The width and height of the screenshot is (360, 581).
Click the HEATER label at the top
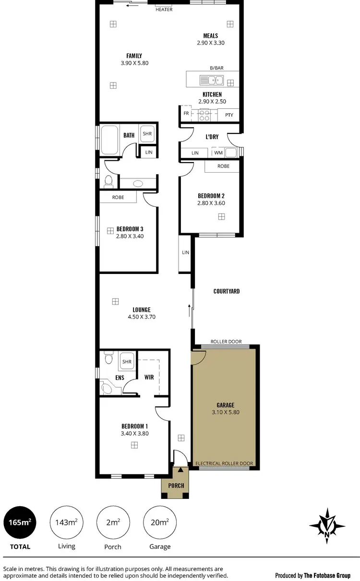pos(164,10)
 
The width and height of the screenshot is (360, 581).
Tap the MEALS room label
pos(211,36)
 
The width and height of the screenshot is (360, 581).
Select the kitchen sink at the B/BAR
pos(212,80)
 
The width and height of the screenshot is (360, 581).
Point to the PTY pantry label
pos(229,115)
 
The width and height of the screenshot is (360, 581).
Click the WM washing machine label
pos(218,153)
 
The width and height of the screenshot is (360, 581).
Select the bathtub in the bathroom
pos(109,140)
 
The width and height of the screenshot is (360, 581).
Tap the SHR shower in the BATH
pos(146,135)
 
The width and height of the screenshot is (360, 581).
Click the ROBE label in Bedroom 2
pos(223,166)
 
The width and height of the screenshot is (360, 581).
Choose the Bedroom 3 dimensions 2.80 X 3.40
pos(130,236)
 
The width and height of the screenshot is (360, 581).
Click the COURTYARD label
pos(227,291)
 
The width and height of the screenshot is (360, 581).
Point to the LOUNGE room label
pos(142,310)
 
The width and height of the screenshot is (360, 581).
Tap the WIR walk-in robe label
pos(149,378)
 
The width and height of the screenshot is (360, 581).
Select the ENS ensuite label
pos(120,378)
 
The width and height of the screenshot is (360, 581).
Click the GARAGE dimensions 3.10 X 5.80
pos(226,412)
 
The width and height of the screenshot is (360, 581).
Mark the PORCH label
pos(176,486)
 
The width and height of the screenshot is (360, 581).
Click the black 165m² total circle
pos(19,522)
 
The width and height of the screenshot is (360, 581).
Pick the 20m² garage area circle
pos(160,522)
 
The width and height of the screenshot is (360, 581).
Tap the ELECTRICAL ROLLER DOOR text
pos(224,463)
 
